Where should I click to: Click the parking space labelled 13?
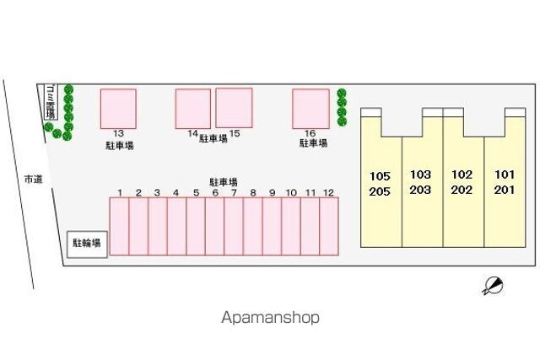tap(118, 108)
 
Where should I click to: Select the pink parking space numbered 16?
tap(310, 108)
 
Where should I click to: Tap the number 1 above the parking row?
tap(120, 193)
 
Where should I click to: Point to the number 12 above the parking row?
tap(328, 193)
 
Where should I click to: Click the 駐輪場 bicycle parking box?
tap(87, 244)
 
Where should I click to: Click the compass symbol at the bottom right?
tap(493, 286)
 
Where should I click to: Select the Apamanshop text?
tap(270, 318)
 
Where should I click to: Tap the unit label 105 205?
tap(381, 183)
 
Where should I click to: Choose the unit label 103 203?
tap(420, 182)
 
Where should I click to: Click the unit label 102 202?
tap(462, 182)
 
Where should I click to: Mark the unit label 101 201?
tap(504, 182)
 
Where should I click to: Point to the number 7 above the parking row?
tap(234, 193)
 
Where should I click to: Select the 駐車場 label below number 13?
tap(118, 145)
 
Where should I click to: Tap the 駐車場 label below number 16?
tap(313, 144)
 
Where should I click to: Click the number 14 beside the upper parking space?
tap(193, 134)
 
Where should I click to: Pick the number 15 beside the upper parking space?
tap(235, 134)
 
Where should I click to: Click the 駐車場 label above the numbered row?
tap(223, 181)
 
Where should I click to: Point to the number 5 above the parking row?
tap(196, 193)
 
